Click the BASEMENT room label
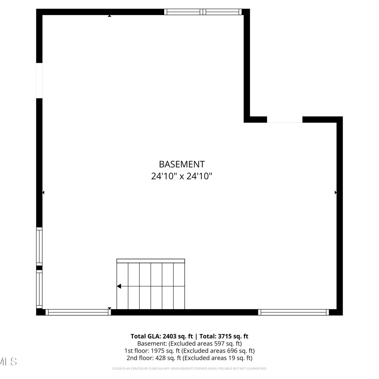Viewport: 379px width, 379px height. pos(182,164)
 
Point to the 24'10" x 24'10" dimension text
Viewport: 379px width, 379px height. pos(182,176)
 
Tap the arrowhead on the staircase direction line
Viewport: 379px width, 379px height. pos(119,286)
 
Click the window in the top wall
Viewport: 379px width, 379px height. pos(203,12)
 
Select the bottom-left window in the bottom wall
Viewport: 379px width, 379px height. pos(78,312)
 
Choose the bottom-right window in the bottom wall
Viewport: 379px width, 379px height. pos(294,312)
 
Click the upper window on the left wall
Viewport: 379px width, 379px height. pos(39,246)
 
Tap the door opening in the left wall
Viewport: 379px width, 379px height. pos(39,80)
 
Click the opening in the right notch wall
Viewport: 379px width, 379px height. pos(285,120)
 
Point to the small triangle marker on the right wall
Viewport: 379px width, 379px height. pos(336,193)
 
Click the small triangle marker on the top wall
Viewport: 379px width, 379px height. pos(109,16)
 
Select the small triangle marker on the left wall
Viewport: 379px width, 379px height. pos(43,193)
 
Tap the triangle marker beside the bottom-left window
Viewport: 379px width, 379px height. pos(109,308)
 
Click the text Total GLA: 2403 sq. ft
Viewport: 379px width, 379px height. pos(162,336)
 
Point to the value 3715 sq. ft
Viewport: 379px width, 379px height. pos(233,336)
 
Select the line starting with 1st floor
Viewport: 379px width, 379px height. pos(189,351)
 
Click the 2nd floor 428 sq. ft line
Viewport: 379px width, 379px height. pos(189,358)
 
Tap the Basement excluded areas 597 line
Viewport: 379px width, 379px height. pos(189,344)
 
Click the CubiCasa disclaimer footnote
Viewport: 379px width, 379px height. pos(189,369)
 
